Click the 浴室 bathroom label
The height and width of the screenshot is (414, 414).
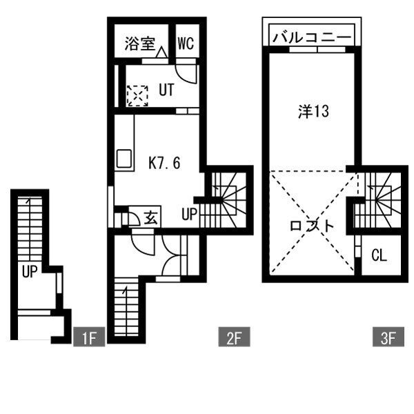pyautogui.click(x=140, y=44)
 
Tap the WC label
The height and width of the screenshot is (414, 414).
pyautogui.click(x=185, y=44)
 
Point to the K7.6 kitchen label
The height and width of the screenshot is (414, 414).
pyautogui.click(x=165, y=163)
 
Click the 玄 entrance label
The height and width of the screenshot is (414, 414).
pyautogui.click(x=151, y=217)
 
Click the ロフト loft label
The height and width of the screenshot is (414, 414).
pyautogui.click(x=311, y=226)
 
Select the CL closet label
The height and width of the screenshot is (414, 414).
pyautogui.click(x=379, y=255)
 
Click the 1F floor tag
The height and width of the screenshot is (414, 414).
pyautogui.click(x=88, y=338)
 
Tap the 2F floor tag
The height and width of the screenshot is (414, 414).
pyautogui.click(x=233, y=338)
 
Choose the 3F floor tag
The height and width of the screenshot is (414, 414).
pyautogui.click(x=388, y=338)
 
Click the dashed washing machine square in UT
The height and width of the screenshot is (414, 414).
pyautogui.click(x=137, y=95)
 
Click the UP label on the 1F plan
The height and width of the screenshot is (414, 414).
pyautogui.click(x=28, y=271)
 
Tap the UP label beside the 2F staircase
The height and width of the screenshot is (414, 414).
pyautogui.click(x=190, y=214)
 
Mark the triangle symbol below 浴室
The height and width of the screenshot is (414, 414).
pyautogui.click(x=161, y=52)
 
